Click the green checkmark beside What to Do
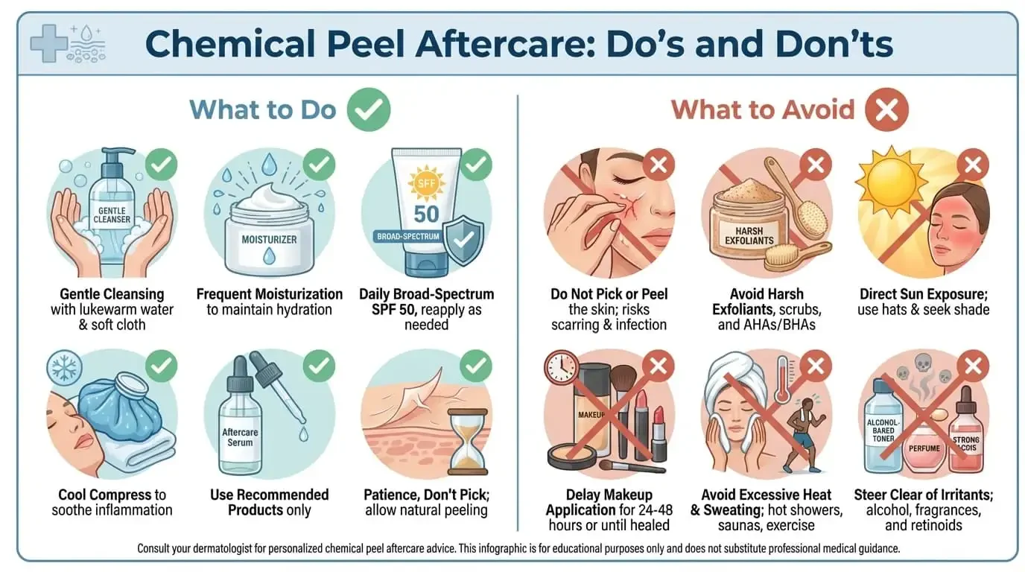pyautogui.click(x=368, y=109)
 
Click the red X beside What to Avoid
pyautogui.click(x=886, y=110)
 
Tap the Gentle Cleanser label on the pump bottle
pyautogui.click(x=112, y=215)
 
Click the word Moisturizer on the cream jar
pyautogui.click(x=269, y=240)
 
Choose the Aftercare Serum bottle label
pyautogui.click(x=237, y=437)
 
